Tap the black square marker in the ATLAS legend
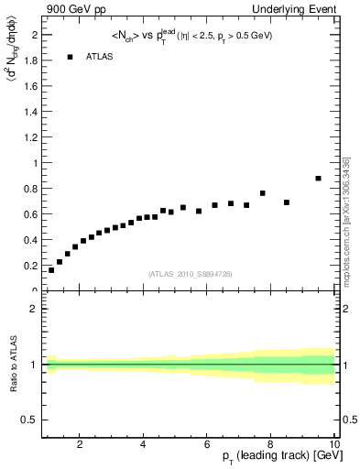[70, 57]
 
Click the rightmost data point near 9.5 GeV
[318, 179]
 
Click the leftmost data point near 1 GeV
[51, 270]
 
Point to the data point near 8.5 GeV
[287, 202]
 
